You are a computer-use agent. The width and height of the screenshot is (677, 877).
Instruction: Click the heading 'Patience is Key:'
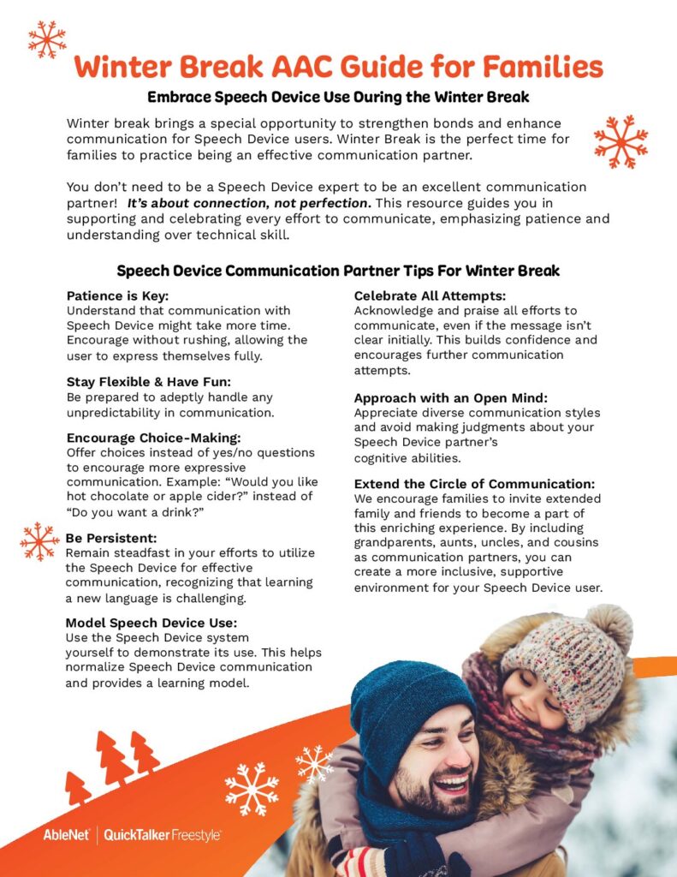point(118,296)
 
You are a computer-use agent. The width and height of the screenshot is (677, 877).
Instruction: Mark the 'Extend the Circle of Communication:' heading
point(474,483)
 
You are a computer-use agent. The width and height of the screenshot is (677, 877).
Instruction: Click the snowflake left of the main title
point(46,39)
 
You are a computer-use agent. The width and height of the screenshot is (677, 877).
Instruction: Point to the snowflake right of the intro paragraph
point(621,140)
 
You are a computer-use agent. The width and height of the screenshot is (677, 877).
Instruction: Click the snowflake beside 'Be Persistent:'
point(39,541)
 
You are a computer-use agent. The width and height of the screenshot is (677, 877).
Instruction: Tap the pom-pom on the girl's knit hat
point(609,628)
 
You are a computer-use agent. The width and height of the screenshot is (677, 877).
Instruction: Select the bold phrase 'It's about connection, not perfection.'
point(249,203)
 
